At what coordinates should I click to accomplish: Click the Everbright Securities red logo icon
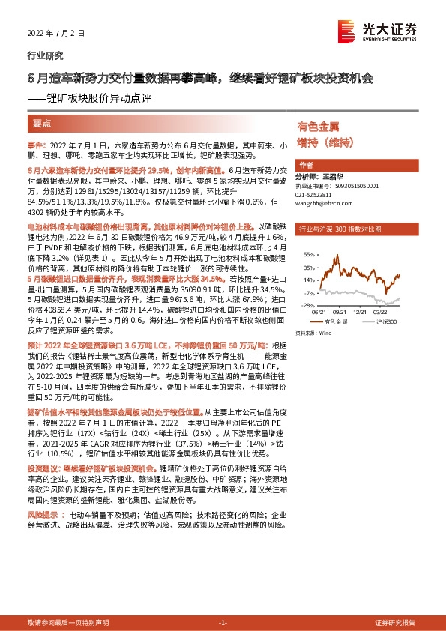(346, 28)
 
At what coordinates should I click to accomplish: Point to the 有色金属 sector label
(319, 127)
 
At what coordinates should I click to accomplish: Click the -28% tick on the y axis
(308, 306)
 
